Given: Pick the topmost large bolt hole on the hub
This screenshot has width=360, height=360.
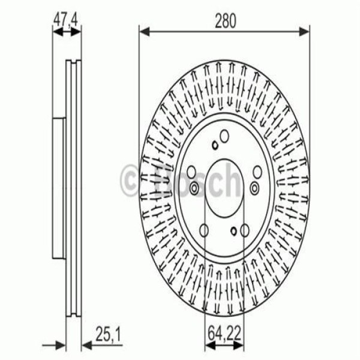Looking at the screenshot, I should (224, 136).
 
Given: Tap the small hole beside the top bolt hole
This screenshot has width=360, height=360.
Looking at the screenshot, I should (214, 144).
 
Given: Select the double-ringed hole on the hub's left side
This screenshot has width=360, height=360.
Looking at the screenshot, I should (194, 190).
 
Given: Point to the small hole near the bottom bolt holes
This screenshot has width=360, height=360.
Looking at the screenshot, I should (233, 230).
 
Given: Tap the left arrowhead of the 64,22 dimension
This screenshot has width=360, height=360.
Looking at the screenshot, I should (208, 344).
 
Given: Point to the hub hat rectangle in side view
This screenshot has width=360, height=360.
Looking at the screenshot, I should (59, 186).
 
